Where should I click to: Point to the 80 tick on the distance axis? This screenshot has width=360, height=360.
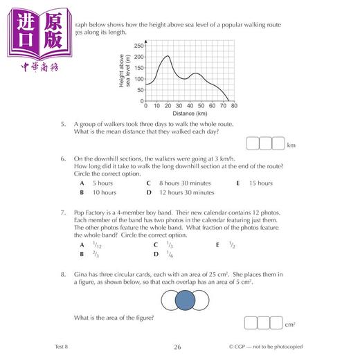click(x=234, y=105)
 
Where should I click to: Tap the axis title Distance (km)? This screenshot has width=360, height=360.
click(x=189, y=113)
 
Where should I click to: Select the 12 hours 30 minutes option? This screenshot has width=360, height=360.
click(x=179, y=192)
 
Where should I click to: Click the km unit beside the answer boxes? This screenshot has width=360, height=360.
click(x=291, y=145)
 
